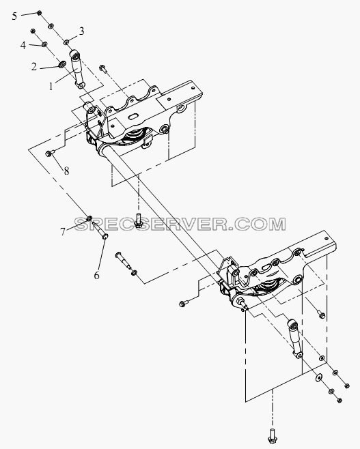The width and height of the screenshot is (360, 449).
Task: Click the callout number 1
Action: (x=51, y=85)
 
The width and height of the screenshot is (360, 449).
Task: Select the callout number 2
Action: (x=34, y=67)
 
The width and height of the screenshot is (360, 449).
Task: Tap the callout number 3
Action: (x=82, y=31)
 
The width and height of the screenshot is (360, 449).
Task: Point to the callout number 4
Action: (x=23, y=45)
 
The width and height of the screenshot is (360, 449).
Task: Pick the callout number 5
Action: (x=14, y=16)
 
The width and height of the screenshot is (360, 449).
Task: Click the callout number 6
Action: (x=96, y=275)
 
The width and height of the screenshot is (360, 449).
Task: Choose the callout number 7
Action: (x=63, y=231)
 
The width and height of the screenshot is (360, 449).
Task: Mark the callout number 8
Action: (x=66, y=171)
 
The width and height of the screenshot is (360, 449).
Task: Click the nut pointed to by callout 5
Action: (x=39, y=12)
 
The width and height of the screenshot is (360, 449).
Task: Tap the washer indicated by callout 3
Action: (x=66, y=42)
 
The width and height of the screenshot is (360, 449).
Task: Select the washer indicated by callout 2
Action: (x=61, y=64)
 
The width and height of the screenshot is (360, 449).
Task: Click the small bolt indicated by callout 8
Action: (x=49, y=154)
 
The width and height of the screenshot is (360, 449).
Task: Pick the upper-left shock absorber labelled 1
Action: (x=77, y=68)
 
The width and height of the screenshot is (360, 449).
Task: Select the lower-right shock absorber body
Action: (x=294, y=338)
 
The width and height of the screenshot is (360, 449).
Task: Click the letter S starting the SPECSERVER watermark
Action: (x=81, y=224)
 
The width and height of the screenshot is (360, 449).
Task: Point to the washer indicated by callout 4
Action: (x=44, y=44)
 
